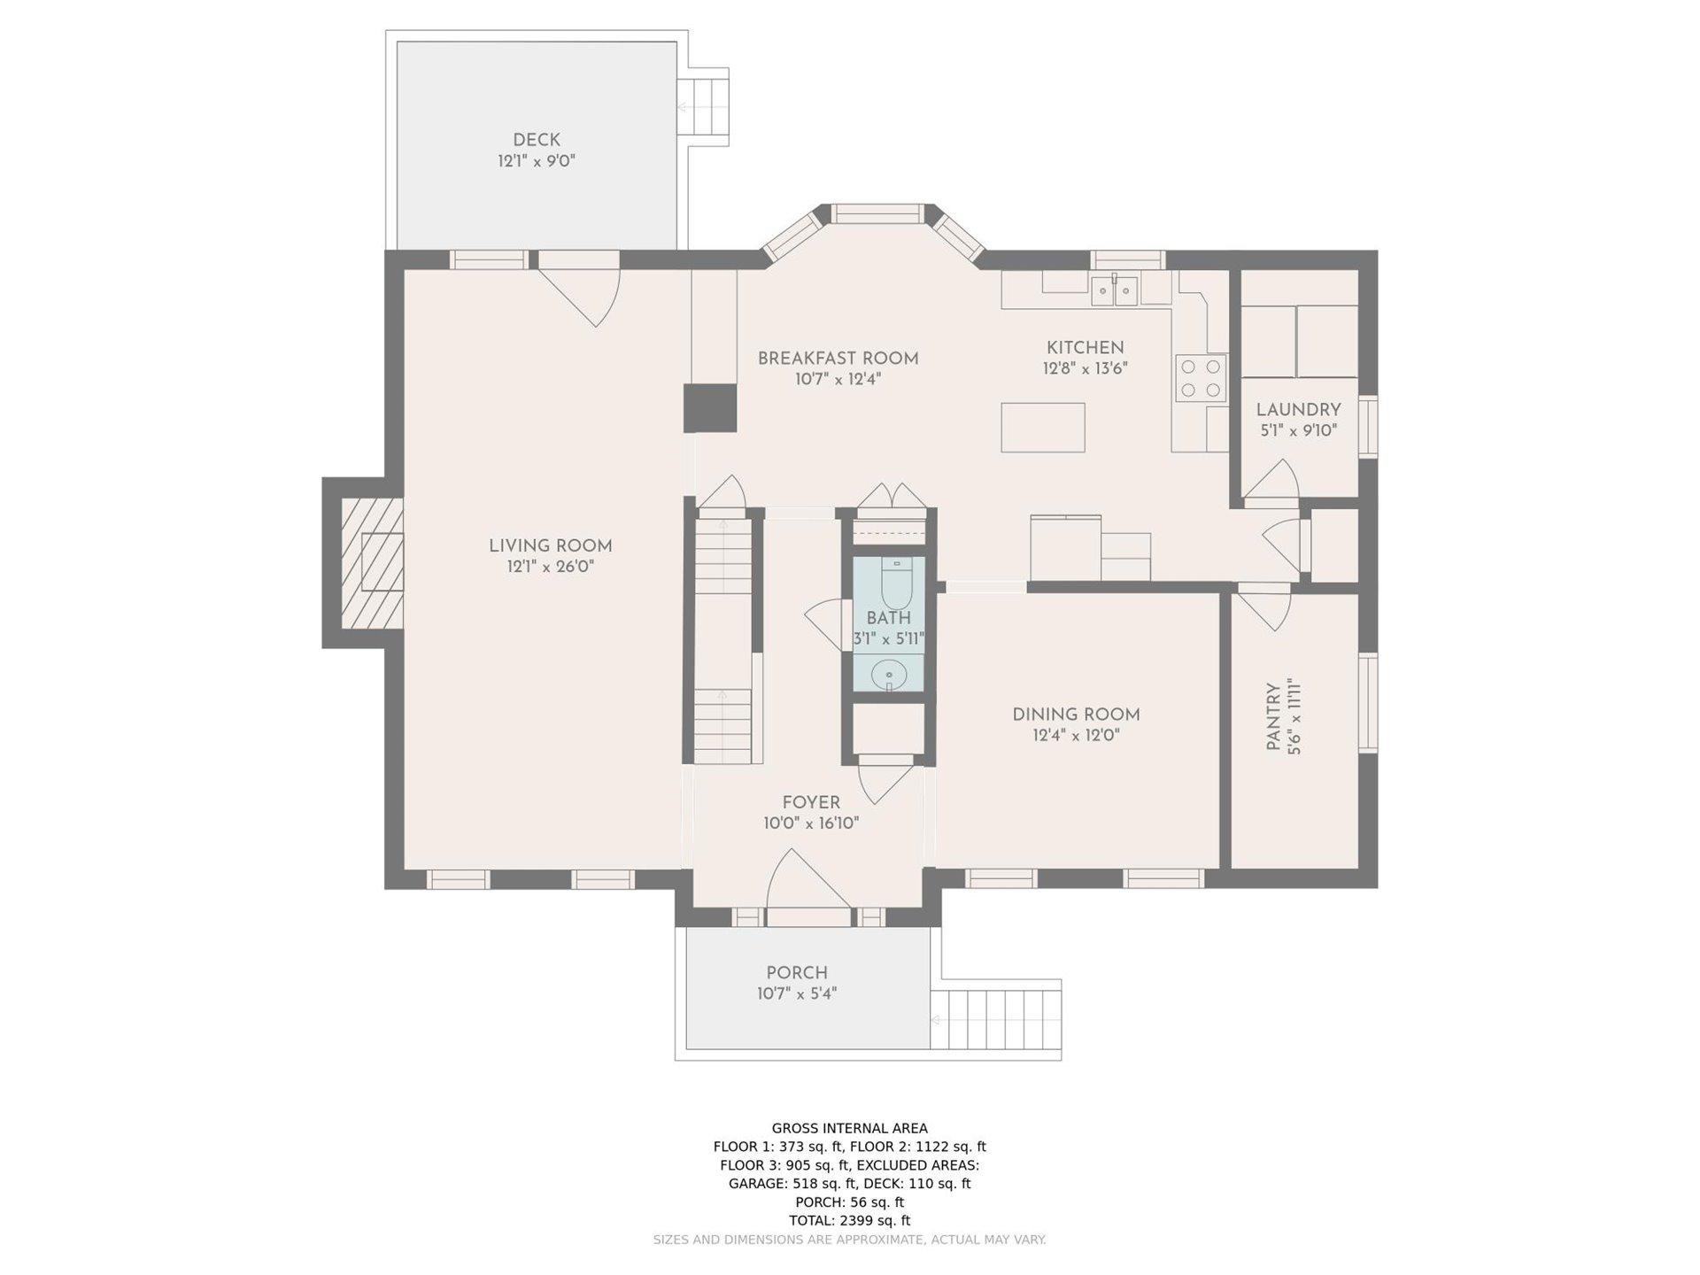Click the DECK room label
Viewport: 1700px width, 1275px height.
537,140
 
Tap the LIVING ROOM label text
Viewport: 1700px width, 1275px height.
551,546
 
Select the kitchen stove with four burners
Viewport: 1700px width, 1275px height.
1202,378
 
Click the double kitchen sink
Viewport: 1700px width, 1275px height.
1115,289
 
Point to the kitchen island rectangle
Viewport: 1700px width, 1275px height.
1044,428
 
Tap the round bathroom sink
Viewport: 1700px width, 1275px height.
888,677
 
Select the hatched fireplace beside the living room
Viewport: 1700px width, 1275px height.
373,562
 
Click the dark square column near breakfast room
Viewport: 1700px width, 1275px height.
710,408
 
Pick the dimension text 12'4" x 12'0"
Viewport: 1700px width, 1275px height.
1076,735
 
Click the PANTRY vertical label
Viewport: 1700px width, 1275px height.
1272,717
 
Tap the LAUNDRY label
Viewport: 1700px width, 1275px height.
1298,410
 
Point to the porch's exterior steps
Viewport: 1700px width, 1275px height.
995,1019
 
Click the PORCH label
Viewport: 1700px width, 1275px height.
797,973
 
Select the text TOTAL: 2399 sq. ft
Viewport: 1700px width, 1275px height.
850,1220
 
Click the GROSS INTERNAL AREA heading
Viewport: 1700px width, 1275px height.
850,1128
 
